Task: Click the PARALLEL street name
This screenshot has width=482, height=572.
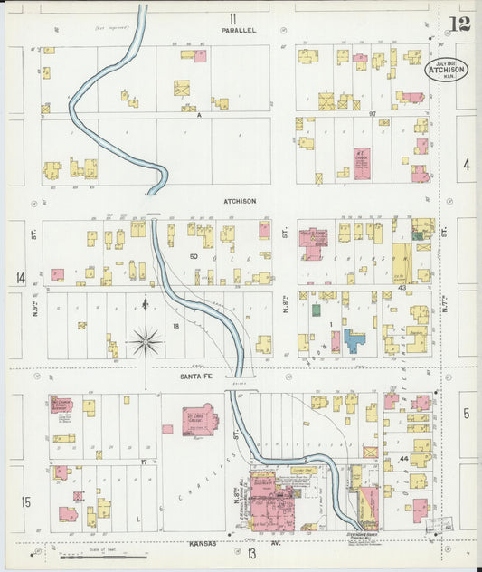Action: (239, 30)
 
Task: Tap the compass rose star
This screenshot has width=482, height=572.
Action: (145, 342)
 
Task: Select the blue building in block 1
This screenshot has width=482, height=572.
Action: (354, 340)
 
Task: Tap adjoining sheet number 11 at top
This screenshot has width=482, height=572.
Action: (232, 17)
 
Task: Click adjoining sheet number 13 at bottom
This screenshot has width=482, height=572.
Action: (250, 553)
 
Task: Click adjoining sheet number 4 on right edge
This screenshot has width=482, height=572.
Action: (467, 165)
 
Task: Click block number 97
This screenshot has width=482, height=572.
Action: (371, 113)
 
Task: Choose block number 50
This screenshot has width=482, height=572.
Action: (193, 257)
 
